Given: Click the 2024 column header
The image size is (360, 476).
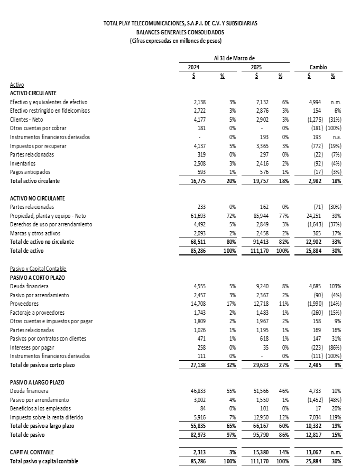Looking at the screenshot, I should click(194, 68).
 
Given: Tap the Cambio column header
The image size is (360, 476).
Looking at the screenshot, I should click(318, 68).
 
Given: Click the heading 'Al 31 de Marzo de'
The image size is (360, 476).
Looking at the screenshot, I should click(234, 58).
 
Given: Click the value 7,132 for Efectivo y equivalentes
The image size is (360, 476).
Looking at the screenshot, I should click(262, 102).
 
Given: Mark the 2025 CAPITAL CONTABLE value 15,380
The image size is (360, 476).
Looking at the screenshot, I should click(261, 452).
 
